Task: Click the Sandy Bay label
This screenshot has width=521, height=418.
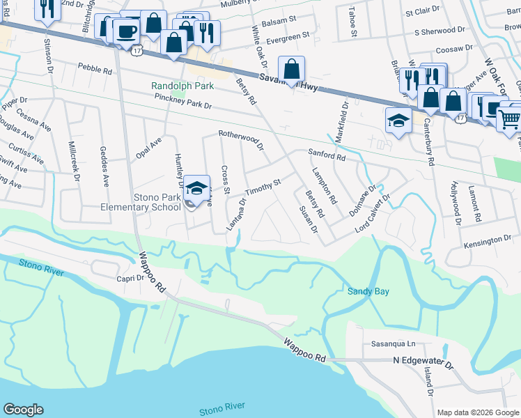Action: (x=368, y=292)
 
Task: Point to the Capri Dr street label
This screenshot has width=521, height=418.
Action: (x=130, y=277)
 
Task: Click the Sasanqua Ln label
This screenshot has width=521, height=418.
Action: (x=393, y=344)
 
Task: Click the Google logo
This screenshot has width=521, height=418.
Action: (x=23, y=410)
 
